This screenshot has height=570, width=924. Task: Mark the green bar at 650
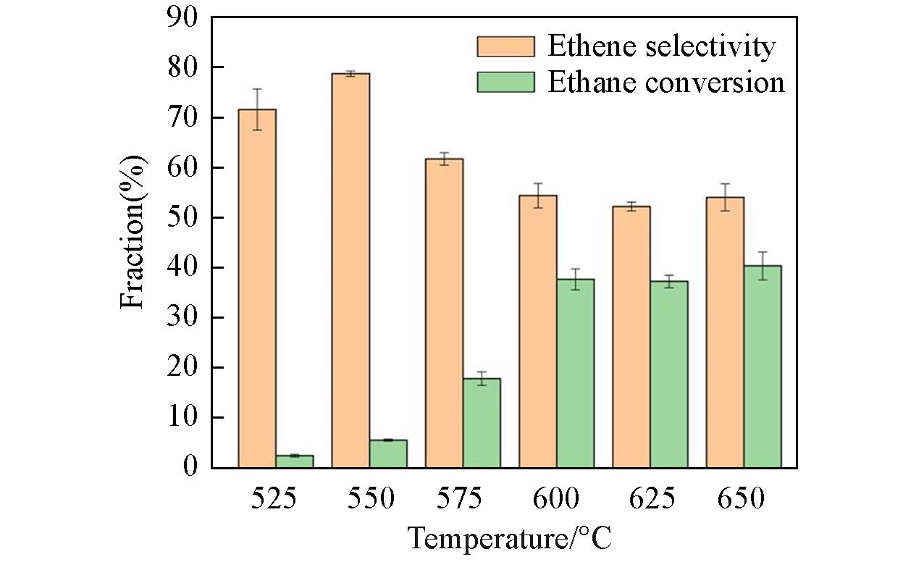763,366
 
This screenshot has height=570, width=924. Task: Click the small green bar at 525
295,461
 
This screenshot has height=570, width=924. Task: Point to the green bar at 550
388,453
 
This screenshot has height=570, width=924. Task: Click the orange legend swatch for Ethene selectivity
505,47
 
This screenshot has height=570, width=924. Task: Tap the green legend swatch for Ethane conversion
505,82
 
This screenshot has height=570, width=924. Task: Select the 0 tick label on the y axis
190,468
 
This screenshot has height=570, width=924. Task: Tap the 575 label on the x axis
463,499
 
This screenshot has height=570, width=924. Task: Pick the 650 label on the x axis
743,499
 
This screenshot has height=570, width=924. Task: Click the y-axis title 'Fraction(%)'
133,232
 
